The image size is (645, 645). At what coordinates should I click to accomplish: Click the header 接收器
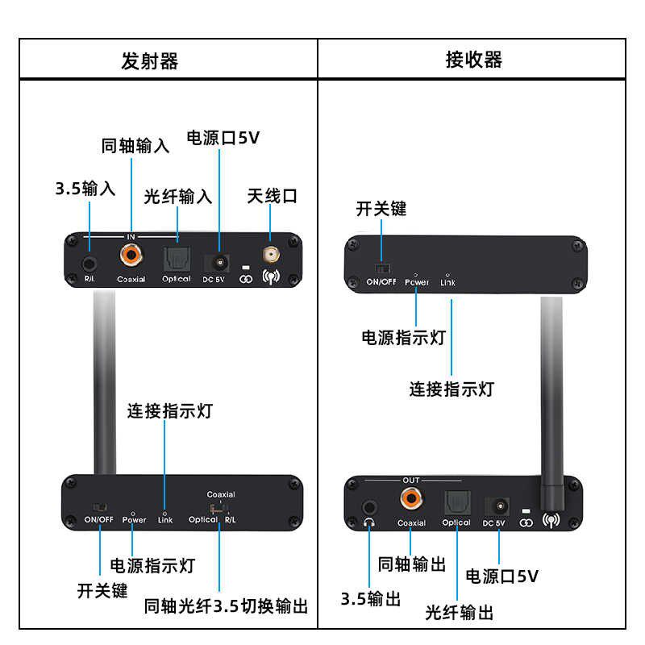tap(473, 60)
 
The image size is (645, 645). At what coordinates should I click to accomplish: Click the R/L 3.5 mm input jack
tap(89, 262)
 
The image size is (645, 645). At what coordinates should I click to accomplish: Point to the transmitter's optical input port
tap(176, 259)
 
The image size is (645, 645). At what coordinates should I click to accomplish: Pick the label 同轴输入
tap(135, 146)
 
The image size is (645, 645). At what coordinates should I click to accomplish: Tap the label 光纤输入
tap(178, 196)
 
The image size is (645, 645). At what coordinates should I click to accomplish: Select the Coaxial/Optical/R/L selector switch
tap(218, 508)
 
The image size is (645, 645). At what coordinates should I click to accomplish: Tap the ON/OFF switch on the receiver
tap(382, 268)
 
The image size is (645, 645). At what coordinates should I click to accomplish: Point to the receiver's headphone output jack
tap(370, 507)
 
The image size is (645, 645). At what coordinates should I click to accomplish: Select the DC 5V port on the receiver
tap(494, 506)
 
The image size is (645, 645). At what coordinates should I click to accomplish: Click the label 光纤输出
tap(460, 613)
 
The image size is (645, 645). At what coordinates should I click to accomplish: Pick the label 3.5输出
tap(371, 598)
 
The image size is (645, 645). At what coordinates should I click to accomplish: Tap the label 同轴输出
tap(412, 564)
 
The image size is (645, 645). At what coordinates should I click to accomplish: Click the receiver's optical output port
tap(456, 503)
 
